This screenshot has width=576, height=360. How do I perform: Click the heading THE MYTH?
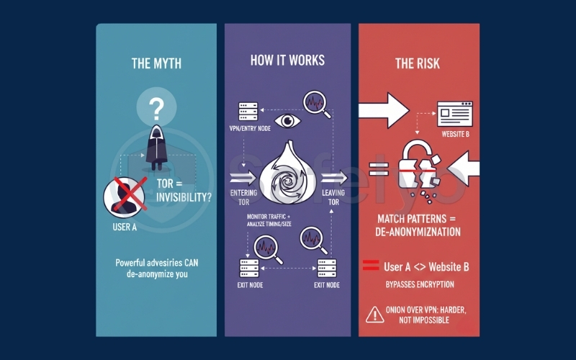(156, 63)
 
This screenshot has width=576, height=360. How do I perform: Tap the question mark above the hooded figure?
(156, 110)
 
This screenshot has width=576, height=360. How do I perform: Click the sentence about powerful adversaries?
(156, 269)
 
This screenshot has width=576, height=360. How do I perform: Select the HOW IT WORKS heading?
(287, 60)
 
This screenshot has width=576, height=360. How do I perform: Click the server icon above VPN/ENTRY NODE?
(248, 112)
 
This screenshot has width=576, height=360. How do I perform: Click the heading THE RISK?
(419, 63)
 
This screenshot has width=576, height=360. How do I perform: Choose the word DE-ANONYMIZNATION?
(419, 232)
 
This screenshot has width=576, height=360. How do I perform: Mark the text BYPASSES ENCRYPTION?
(420, 285)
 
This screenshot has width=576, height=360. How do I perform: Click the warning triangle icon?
(374, 314)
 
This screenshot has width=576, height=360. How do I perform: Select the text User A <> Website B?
(426, 267)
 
